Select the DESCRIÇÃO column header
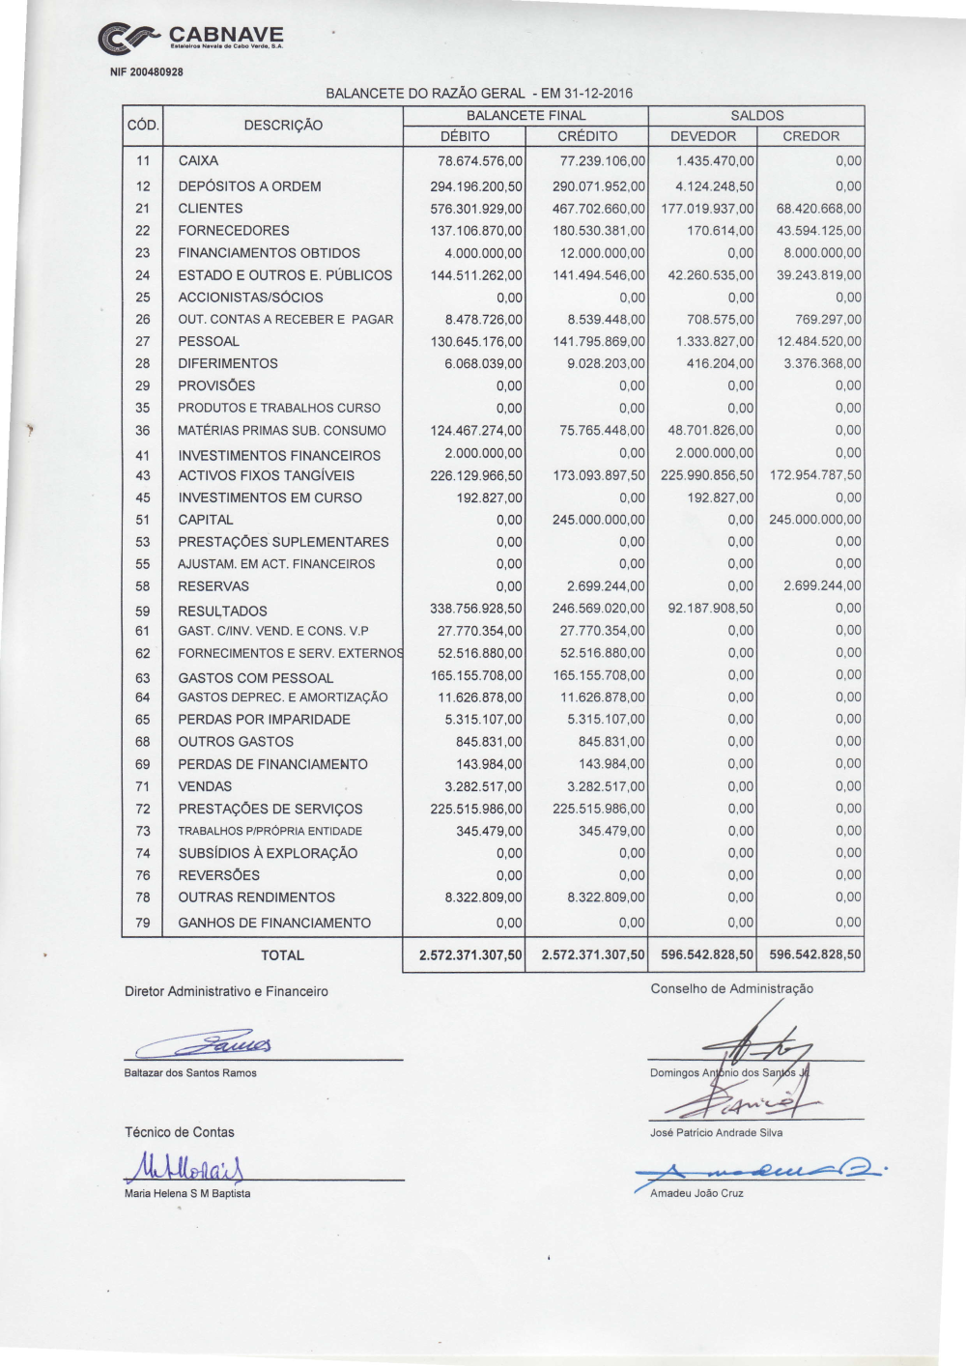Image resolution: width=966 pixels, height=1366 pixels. pos(283,126)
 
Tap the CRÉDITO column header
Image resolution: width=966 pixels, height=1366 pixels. pos(587,136)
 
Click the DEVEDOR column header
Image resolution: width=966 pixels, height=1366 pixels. pos(703,136)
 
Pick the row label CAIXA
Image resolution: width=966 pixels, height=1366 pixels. pos(198,161)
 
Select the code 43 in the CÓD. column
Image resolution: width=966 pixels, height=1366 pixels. pos(143,476)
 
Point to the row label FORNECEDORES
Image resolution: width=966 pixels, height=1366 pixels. pos(234,231)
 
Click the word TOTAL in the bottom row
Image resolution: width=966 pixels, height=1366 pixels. pos(282,955)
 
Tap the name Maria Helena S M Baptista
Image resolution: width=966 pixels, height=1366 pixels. pos(187,1194)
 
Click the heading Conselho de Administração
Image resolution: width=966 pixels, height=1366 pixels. pos(732,989)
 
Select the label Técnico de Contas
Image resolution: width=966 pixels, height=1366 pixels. pos(180,1132)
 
